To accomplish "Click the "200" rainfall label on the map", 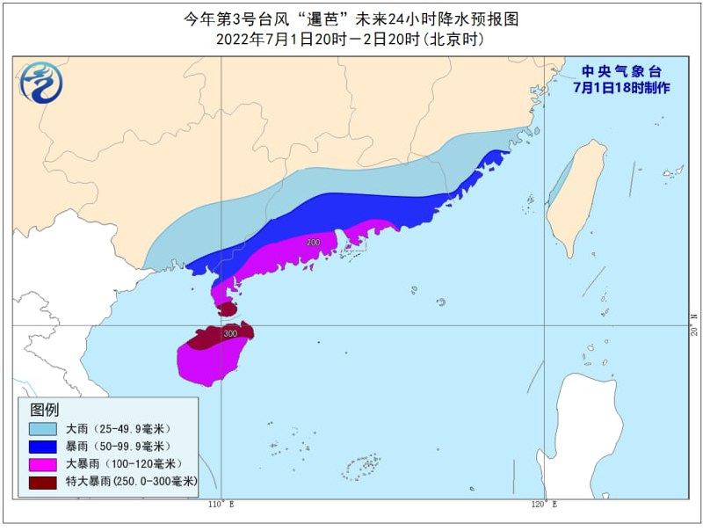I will tap(314, 242).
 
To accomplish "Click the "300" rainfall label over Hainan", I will tap(230, 334).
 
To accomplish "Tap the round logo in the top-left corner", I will tap(40, 82).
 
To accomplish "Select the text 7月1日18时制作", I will tap(620, 88).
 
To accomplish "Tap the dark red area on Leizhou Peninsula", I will tap(228, 309).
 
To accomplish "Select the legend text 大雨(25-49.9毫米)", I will tap(118, 428).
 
